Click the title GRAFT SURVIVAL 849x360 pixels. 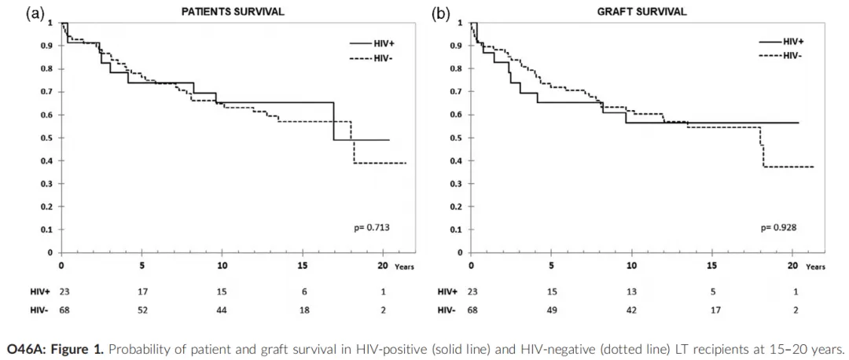[x=652, y=12]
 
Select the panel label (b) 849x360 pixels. [x=442, y=13]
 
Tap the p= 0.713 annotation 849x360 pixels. [x=371, y=229]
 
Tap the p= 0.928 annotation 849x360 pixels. [x=778, y=229]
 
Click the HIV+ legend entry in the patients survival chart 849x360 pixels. [x=384, y=45]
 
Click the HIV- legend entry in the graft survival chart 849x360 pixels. [x=792, y=55]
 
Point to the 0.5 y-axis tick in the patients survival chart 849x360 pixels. [x=50, y=138]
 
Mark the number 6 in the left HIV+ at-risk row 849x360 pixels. [x=303, y=292]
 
